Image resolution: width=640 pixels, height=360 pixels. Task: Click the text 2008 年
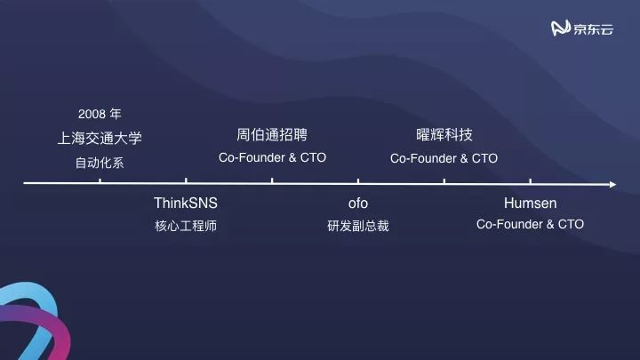(x=100, y=115)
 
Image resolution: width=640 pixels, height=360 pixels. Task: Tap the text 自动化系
(x=100, y=163)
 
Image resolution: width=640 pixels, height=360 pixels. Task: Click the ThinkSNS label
(x=186, y=204)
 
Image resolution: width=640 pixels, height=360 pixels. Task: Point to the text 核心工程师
(x=186, y=226)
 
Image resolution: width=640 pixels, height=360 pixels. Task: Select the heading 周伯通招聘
(x=272, y=135)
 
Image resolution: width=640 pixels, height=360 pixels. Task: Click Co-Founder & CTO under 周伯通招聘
(x=272, y=157)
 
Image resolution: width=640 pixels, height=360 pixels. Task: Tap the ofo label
(x=357, y=204)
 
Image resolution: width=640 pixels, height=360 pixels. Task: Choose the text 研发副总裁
(x=357, y=226)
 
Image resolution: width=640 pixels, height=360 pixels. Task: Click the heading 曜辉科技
(x=444, y=135)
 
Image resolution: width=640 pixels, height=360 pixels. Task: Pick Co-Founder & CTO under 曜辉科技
(x=444, y=158)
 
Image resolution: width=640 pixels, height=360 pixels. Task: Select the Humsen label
(x=530, y=204)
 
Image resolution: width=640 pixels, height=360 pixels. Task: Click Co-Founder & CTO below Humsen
(x=530, y=225)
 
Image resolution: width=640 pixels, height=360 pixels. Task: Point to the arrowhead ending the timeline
(x=612, y=184)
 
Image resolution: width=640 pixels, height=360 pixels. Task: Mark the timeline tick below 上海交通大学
(x=100, y=182)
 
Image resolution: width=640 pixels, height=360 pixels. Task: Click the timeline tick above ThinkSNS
(x=186, y=182)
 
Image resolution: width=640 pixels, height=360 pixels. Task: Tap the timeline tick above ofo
(x=358, y=182)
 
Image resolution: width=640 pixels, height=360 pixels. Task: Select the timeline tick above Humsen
(x=530, y=182)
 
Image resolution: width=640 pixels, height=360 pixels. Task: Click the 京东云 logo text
(x=594, y=29)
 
